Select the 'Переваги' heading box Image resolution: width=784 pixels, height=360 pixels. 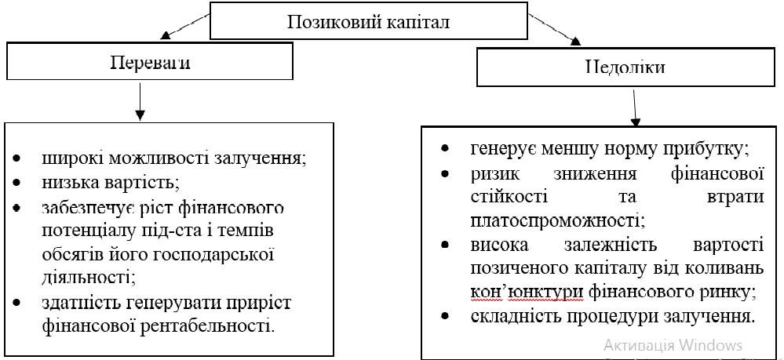tap(149, 63)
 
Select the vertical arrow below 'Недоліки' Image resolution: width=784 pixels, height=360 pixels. tap(636, 108)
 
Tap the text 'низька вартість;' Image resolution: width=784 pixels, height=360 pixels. tap(111, 183)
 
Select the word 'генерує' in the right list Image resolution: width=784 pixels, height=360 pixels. tap(500, 147)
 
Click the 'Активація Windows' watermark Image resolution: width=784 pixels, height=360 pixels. tap(673, 345)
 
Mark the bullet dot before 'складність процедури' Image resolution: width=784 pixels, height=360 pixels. tap(445, 318)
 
